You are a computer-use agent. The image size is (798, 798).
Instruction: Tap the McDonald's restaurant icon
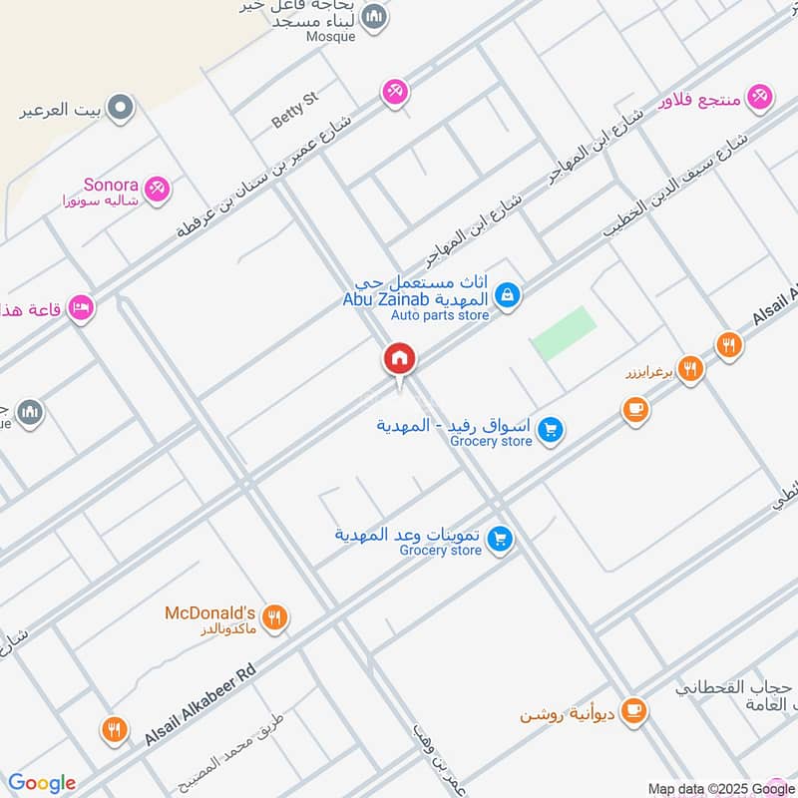[x=276, y=618]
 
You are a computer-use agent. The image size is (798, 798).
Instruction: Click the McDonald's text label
[x=210, y=612]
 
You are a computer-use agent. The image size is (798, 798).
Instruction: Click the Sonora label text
[x=110, y=185]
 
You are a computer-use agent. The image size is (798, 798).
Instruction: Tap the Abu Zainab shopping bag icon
[x=508, y=294]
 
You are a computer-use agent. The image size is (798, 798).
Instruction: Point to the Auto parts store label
[x=440, y=316]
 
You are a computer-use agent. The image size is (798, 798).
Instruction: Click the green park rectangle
[x=564, y=334]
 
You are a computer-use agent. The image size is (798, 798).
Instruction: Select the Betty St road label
[x=294, y=110]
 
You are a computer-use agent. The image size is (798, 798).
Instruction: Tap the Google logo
[x=42, y=783]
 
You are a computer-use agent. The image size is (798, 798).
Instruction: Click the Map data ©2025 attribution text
[x=720, y=787]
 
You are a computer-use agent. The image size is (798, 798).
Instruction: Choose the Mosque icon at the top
[x=375, y=16]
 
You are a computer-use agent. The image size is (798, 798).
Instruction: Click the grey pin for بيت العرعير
[x=121, y=108]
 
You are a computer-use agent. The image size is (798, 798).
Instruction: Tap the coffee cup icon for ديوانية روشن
[x=632, y=712]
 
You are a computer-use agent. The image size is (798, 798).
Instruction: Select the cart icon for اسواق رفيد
[x=550, y=431]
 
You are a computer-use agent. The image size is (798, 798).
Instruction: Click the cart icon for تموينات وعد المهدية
[x=501, y=539]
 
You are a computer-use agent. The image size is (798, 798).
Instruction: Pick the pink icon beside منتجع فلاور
[x=761, y=98]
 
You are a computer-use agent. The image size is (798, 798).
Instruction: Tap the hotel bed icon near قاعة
[x=82, y=308]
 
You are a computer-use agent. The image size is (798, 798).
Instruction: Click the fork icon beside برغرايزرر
[x=689, y=370]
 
